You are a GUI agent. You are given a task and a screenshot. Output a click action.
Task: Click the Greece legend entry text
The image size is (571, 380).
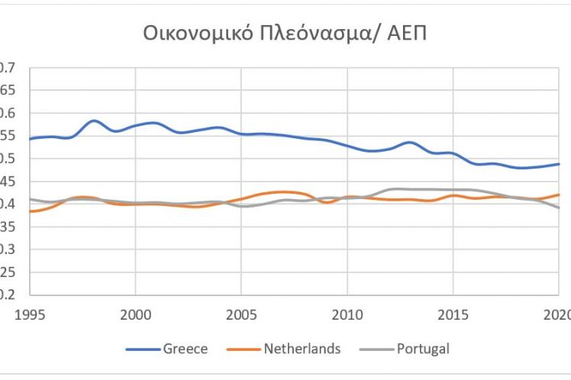coord(185,349)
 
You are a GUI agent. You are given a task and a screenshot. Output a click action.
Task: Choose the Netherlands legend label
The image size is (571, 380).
coord(302,349)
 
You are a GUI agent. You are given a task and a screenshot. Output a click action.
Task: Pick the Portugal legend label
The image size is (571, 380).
coord(423,349)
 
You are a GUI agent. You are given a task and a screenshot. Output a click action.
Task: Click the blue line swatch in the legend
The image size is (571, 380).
coord(142,349)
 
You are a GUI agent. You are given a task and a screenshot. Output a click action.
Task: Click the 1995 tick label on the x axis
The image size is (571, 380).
coord(29,314)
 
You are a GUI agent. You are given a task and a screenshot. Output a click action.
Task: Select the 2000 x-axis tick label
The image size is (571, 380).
coord(135,314)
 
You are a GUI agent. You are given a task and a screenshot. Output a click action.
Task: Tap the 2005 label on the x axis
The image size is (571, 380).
coord(241,314)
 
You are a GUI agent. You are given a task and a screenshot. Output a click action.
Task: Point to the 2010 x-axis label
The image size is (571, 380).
coord(347,314)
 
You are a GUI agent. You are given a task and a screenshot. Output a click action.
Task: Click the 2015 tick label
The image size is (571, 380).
coord(453,314)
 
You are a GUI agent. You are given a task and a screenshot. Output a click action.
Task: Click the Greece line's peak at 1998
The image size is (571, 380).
coord(93,121)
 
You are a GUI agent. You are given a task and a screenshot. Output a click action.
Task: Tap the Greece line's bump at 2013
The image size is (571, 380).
coord(411,142)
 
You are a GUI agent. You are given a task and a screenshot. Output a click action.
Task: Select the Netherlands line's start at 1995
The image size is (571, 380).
coord(30,211)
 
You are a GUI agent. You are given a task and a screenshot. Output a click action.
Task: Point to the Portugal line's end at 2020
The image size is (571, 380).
coord(559,208)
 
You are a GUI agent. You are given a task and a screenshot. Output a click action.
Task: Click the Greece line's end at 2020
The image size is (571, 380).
coord(559,164)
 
